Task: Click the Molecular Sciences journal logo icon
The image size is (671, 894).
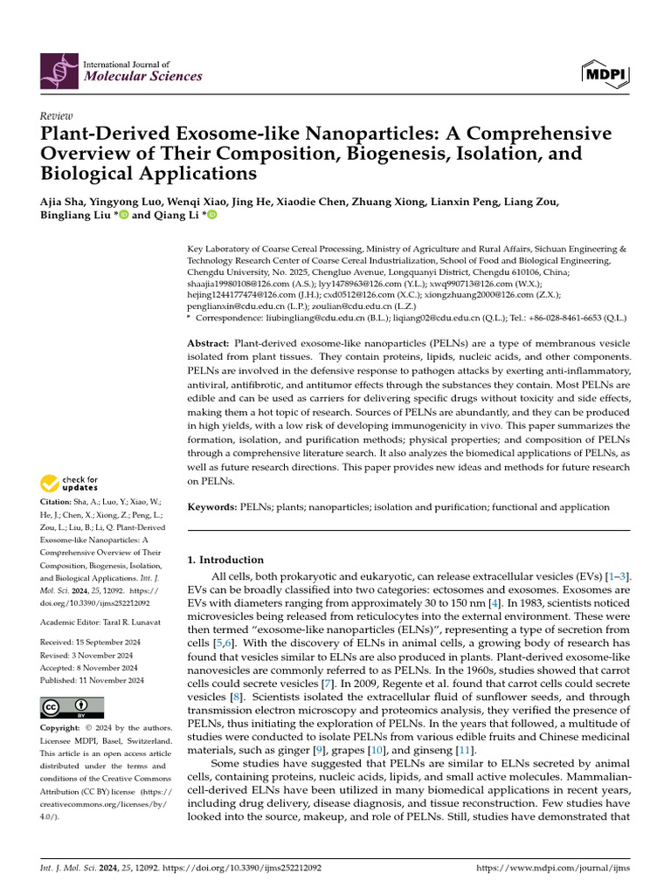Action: pos(59,70)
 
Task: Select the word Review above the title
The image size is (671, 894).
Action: pos(57,116)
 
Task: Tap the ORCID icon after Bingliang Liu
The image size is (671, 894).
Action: pos(123,216)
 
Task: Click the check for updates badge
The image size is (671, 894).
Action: pos(71,483)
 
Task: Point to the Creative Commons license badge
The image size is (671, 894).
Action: pos(72,707)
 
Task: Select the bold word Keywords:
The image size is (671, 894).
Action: pos(212,507)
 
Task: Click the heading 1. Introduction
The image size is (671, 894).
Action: pos(226,560)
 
